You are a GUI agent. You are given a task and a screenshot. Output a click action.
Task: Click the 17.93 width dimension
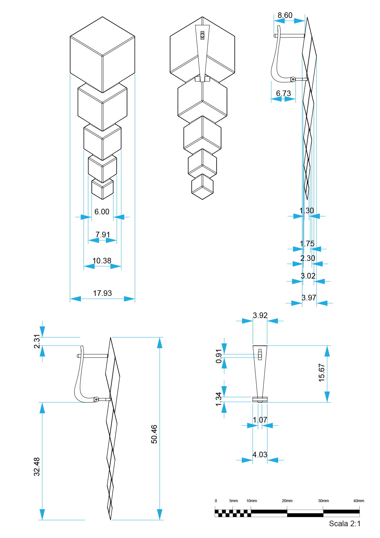click(x=102, y=293)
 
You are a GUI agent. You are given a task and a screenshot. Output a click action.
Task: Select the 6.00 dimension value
click(x=102, y=212)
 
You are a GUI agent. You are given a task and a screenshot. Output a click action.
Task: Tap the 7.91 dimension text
click(x=103, y=235)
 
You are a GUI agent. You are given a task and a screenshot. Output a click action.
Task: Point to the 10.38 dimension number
click(x=102, y=261)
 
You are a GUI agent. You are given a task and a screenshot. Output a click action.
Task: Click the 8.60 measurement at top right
click(x=285, y=15)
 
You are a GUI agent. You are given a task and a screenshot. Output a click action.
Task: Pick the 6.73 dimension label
click(x=283, y=93)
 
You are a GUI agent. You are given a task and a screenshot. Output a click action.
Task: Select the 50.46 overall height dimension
click(x=154, y=434)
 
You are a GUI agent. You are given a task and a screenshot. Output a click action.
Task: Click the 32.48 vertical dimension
click(x=37, y=467)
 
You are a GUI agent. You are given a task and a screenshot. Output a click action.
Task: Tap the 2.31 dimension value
click(x=37, y=341)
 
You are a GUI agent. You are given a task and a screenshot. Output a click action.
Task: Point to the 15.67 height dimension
click(x=322, y=373)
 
